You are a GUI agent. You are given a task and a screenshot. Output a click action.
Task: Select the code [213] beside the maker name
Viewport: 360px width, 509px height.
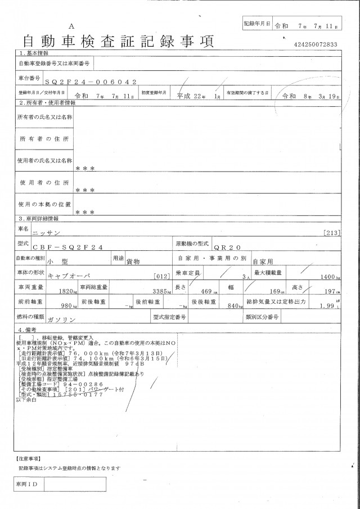point(332,232)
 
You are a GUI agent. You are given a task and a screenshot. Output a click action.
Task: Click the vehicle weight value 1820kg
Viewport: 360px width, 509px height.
point(67,292)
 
